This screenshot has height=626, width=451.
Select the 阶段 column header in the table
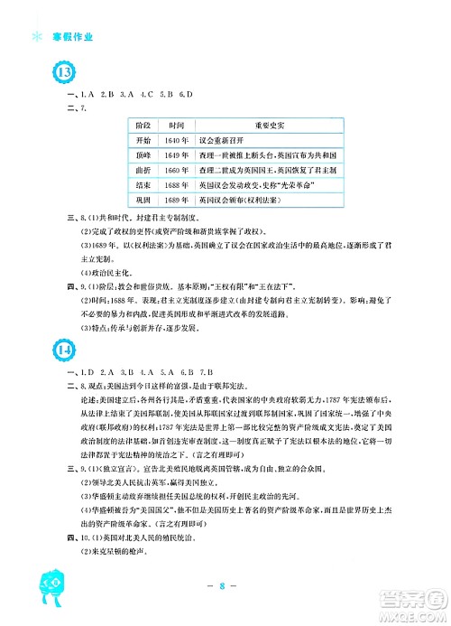point(142,125)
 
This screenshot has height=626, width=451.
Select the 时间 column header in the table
point(176,125)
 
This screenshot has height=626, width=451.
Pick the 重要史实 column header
point(269,125)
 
